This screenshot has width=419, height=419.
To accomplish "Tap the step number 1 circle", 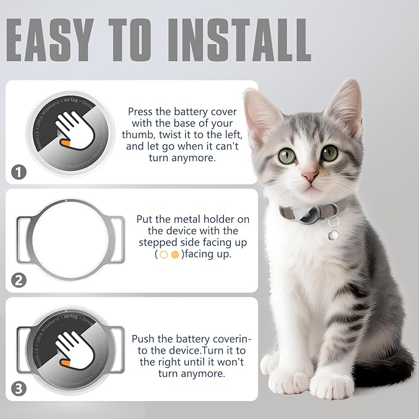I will tap(19, 172).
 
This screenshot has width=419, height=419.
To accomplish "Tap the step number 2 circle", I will tap(19, 280).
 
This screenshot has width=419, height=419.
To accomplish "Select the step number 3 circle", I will tap(19, 389).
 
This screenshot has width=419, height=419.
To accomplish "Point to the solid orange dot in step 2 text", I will tap(175, 254).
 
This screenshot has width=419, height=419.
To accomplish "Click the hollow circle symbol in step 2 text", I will tap(164, 254).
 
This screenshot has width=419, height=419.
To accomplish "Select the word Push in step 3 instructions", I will tap(143, 339).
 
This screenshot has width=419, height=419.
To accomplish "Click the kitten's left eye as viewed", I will tap(287, 156).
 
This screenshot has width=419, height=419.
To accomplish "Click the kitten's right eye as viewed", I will tap(330, 153).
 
